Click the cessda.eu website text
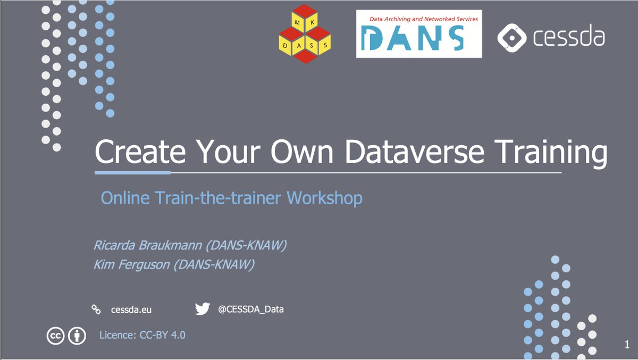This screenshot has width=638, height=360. (x=127, y=309)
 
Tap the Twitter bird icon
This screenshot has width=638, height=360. (x=202, y=309)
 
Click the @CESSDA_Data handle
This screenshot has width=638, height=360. (x=251, y=309)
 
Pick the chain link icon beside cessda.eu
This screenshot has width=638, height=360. (x=96, y=309)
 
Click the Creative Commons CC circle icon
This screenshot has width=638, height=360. (x=55, y=336)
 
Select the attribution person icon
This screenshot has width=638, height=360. (x=78, y=336)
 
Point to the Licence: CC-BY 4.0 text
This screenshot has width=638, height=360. (x=142, y=335)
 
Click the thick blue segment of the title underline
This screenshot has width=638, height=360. (x=132, y=173)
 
